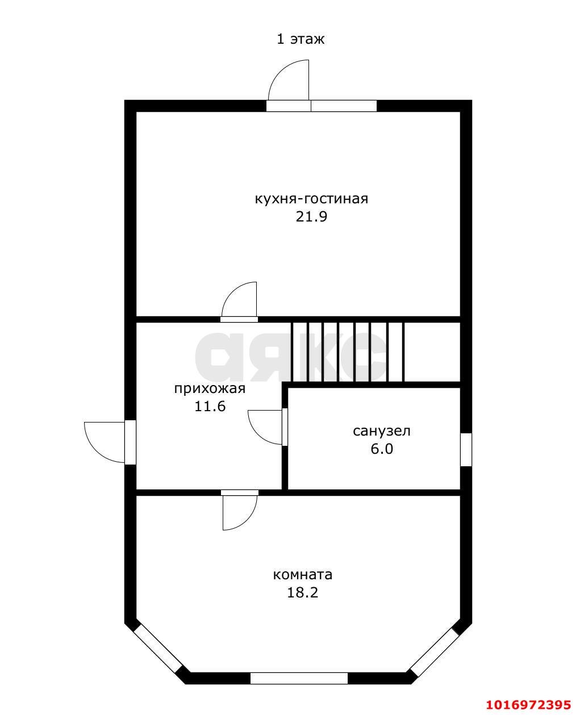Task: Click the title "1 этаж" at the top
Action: tap(300, 39)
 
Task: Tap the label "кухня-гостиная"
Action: tap(311, 199)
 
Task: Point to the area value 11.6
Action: tap(210, 406)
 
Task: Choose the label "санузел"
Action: tap(381, 431)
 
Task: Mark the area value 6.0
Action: tap(381, 449)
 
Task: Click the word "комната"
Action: tap(303, 574)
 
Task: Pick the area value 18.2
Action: tap(303, 592)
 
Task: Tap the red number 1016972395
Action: tap(528, 704)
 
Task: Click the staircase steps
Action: tap(347, 352)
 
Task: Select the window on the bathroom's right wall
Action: tap(466, 449)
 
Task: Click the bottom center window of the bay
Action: tap(299, 678)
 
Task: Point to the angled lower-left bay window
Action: tap(158, 647)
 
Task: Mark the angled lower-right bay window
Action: tap(435, 652)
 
